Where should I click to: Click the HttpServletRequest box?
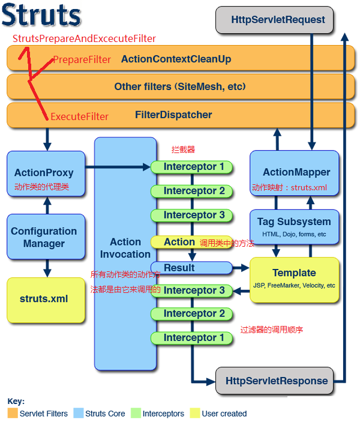point(278,20)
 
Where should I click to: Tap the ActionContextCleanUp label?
point(176,59)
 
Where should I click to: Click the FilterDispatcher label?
point(173,115)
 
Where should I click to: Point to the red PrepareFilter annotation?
point(82,59)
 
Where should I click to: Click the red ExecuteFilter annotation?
point(79,116)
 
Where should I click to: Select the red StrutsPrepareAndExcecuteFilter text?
point(84,38)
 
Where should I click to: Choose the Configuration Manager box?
point(44,237)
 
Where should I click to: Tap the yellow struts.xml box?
point(44,299)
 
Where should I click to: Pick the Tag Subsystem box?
point(294,226)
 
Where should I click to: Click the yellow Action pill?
point(179,242)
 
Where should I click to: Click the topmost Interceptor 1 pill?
point(191,166)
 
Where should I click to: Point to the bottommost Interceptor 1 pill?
point(191,337)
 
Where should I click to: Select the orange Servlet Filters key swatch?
point(13,413)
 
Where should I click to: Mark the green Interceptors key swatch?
point(136,413)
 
